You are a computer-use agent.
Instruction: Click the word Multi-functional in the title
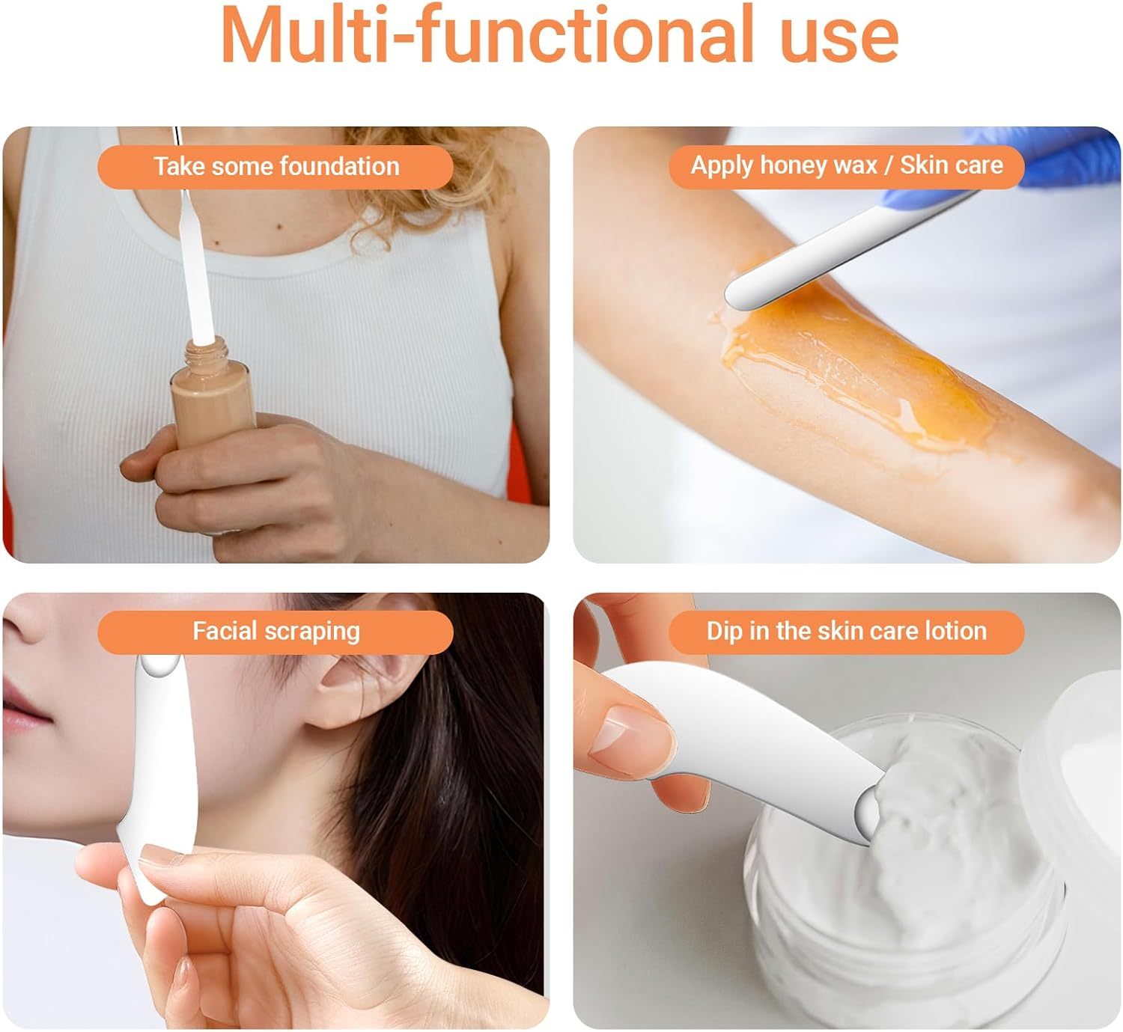pos(487,34)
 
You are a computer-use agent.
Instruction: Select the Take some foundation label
pos(276,167)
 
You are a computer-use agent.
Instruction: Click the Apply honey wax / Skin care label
pos(847,166)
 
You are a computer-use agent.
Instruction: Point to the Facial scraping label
pos(276,632)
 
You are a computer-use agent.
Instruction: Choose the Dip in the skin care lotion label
pos(847,632)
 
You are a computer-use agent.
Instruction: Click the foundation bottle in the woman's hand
pos(212,403)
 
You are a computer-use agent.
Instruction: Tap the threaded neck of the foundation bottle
pos(207,352)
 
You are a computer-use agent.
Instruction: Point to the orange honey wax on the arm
pos(856,370)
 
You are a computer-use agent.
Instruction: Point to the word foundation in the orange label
pos(339,167)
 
